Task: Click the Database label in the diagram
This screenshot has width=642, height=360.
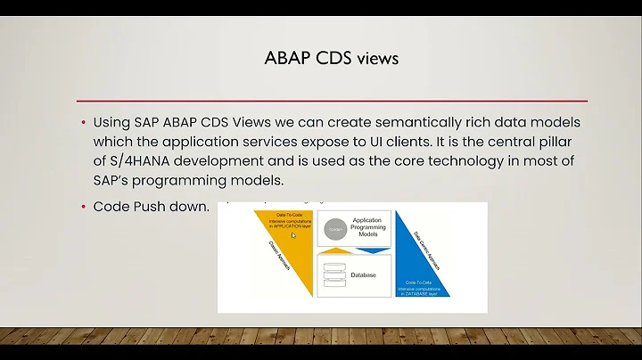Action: click(x=363, y=275)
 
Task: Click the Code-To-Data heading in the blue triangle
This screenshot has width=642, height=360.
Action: click(x=419, y=281)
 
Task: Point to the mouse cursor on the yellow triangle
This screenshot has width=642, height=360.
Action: click(x=293, y=236)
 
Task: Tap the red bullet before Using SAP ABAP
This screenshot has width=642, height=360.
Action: click(x=84, y=122)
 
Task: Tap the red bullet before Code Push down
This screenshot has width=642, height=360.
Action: click(x=84, y=206)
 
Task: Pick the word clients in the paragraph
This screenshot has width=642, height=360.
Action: click(x=402, y=142)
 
